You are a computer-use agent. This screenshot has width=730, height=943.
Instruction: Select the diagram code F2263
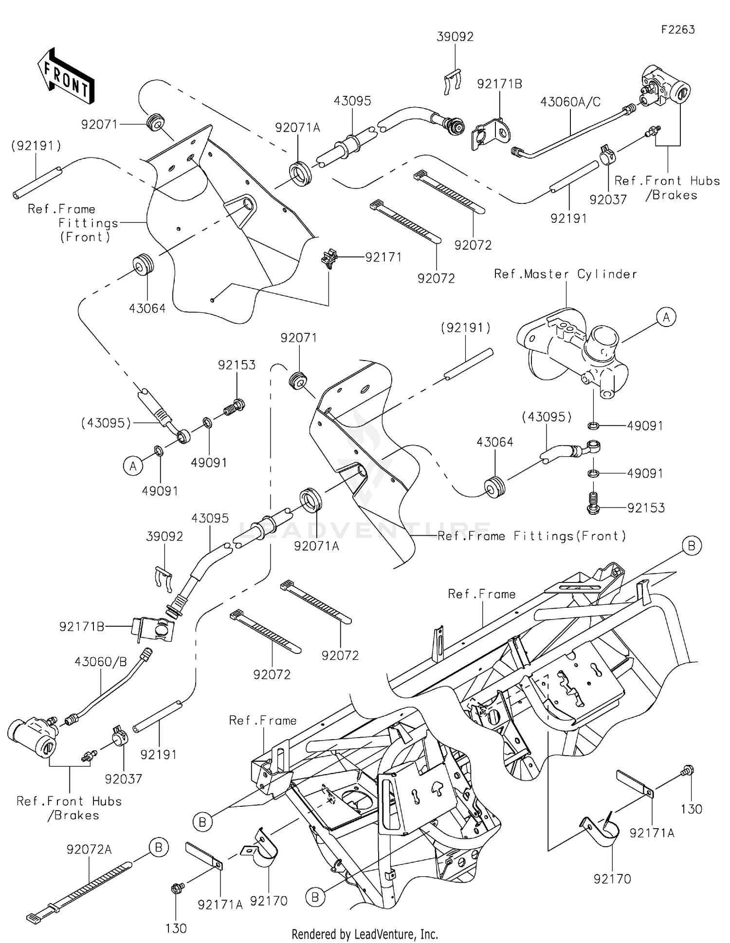point(677,30)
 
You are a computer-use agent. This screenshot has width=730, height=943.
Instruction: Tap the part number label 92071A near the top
point(297,127)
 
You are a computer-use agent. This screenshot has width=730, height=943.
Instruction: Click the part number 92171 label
point(383,257)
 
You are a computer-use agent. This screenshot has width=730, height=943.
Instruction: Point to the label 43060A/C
point(570,102)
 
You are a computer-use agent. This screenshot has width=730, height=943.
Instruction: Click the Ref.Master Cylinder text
point(566,274)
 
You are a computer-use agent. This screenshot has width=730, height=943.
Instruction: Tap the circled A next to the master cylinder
point(666,317)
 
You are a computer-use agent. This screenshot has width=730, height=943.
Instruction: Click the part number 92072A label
point(89,850)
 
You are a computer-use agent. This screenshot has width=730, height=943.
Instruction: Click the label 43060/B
point(101,662)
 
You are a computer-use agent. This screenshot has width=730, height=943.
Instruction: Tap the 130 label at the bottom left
point(176,928)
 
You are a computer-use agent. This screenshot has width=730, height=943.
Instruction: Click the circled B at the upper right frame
point(692,546)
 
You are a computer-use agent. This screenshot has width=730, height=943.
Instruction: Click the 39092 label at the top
point(455,37)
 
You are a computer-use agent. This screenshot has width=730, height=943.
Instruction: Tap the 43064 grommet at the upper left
point(144,264)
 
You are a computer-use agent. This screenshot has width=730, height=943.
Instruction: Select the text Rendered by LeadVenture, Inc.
point(365,934)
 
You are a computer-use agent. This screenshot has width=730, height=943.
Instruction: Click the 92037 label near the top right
point(608,199)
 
